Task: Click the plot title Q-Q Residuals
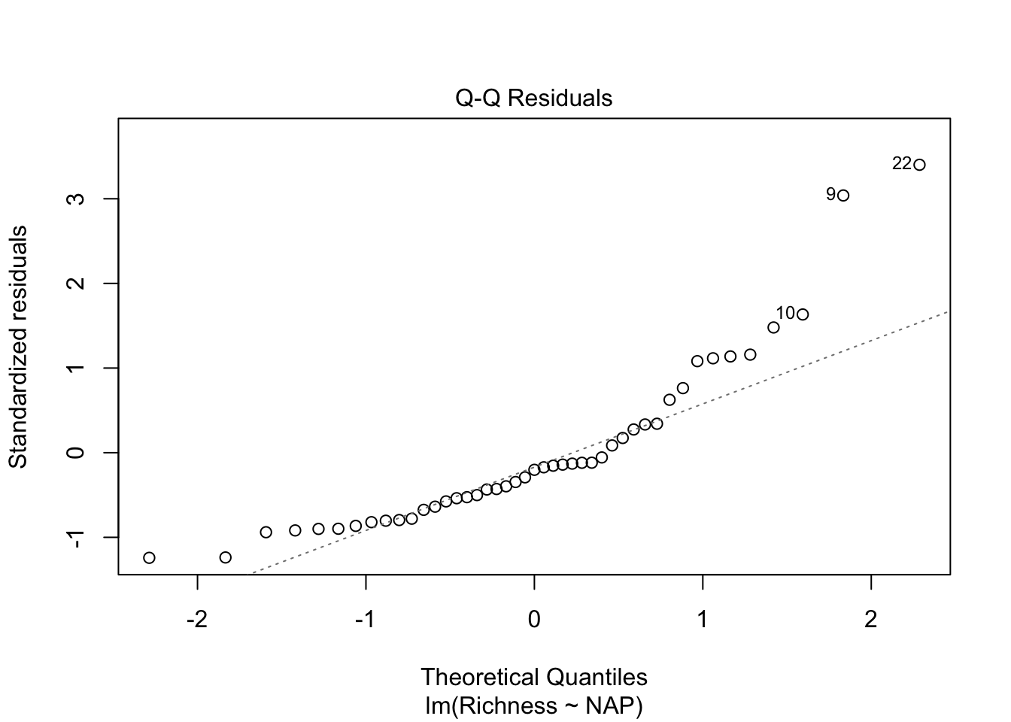coord(533,99)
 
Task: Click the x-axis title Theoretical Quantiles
coord(533,677)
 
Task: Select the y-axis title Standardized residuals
coord(18,346)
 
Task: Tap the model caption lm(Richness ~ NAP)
coord(533,706)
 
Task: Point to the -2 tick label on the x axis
coord(196,620)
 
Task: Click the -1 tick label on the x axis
coord(365,620)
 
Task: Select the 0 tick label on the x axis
coord(534,620)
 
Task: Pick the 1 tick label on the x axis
coord(703,620)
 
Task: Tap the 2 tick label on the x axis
coord(871,620)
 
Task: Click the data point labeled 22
coord(919,165)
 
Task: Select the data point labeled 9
coord(843,196)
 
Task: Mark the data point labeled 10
coord(803,314)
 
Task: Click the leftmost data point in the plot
coord(149,557)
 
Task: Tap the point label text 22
coord(902,163)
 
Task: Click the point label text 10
coord(785,313)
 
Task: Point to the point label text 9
coord(830,194)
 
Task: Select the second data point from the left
coord(225,557)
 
